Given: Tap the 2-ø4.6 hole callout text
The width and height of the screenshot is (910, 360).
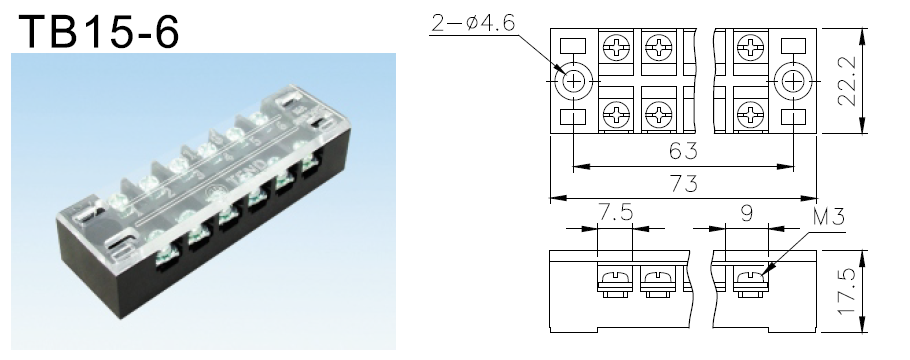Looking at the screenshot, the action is (473, 23).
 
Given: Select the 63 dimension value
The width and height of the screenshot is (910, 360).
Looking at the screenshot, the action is (683, 151).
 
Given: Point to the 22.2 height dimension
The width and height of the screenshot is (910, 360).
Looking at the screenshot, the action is (848, 81).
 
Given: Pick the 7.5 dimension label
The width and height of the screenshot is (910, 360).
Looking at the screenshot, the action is (615, 213).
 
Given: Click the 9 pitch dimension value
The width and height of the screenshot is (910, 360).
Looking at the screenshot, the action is (747, 213).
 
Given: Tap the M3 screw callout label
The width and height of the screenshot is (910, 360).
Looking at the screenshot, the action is (829, 217).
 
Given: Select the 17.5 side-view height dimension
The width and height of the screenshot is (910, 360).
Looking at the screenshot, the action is (848, 291).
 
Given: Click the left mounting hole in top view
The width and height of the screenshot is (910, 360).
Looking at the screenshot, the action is (573, 81).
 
